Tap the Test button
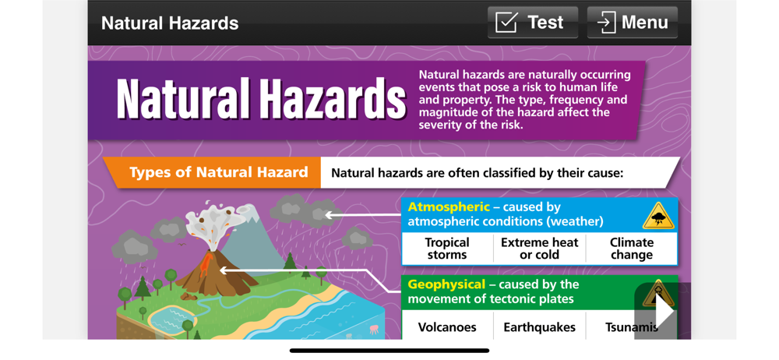coord(533,23)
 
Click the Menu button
coord(632,23)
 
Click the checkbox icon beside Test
coord(507,23)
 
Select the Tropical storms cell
coord(447,249)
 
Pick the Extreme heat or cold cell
coord(540,249)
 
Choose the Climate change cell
coord(632,249)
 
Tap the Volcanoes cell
coord(447,326)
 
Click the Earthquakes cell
coord(540,326)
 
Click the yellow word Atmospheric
coord(449,207)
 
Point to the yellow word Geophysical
coord(446,284)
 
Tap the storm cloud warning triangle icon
coord(658,217)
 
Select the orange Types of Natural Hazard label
coord(219,172)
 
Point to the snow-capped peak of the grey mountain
coord(251,213)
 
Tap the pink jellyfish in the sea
coord(373,329)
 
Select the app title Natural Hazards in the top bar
coord(170,23)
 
